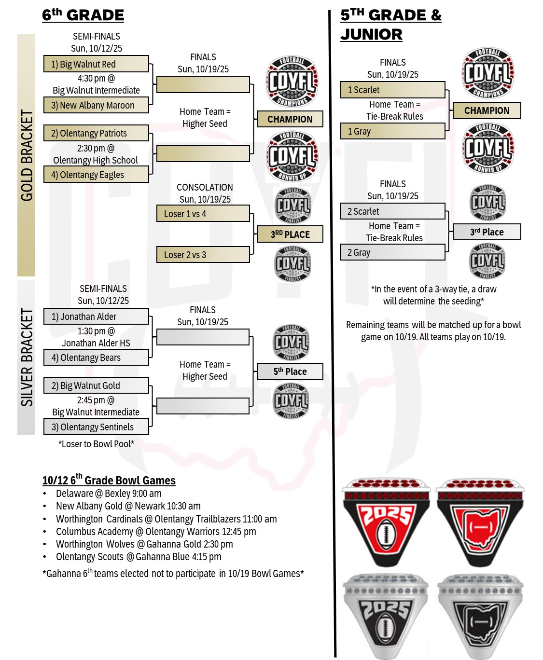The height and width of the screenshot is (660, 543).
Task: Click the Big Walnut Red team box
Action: point(96,64)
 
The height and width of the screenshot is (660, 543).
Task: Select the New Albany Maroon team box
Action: point(96,105)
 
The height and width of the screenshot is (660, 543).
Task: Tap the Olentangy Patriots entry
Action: point(96,133)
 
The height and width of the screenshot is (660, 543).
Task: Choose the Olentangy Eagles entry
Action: point(96,175)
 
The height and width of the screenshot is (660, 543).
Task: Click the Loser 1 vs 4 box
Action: point(203,214)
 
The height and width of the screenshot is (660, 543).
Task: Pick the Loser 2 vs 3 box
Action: point(203,255)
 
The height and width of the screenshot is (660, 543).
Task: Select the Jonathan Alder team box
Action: point(96,316)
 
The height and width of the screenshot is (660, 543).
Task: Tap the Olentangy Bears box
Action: point(96,357)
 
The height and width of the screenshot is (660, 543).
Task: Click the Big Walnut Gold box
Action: point(96,385)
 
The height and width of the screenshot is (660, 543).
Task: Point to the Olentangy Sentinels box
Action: point(96,427)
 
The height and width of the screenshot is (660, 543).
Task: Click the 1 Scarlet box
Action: point(392,90)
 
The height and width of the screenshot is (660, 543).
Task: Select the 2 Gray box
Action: point(392,252)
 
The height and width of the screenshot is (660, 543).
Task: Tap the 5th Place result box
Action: point(290,371)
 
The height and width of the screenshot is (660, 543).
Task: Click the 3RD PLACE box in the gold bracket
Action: point(290,234)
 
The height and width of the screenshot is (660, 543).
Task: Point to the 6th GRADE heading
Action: point(83,15)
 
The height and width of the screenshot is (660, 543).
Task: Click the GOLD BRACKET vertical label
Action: point(27,155)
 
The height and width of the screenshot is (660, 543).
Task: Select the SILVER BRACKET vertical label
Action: point(27,357)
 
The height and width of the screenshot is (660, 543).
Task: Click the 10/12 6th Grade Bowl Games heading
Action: point(109,481)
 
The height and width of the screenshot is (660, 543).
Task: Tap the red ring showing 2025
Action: point(386,523)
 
